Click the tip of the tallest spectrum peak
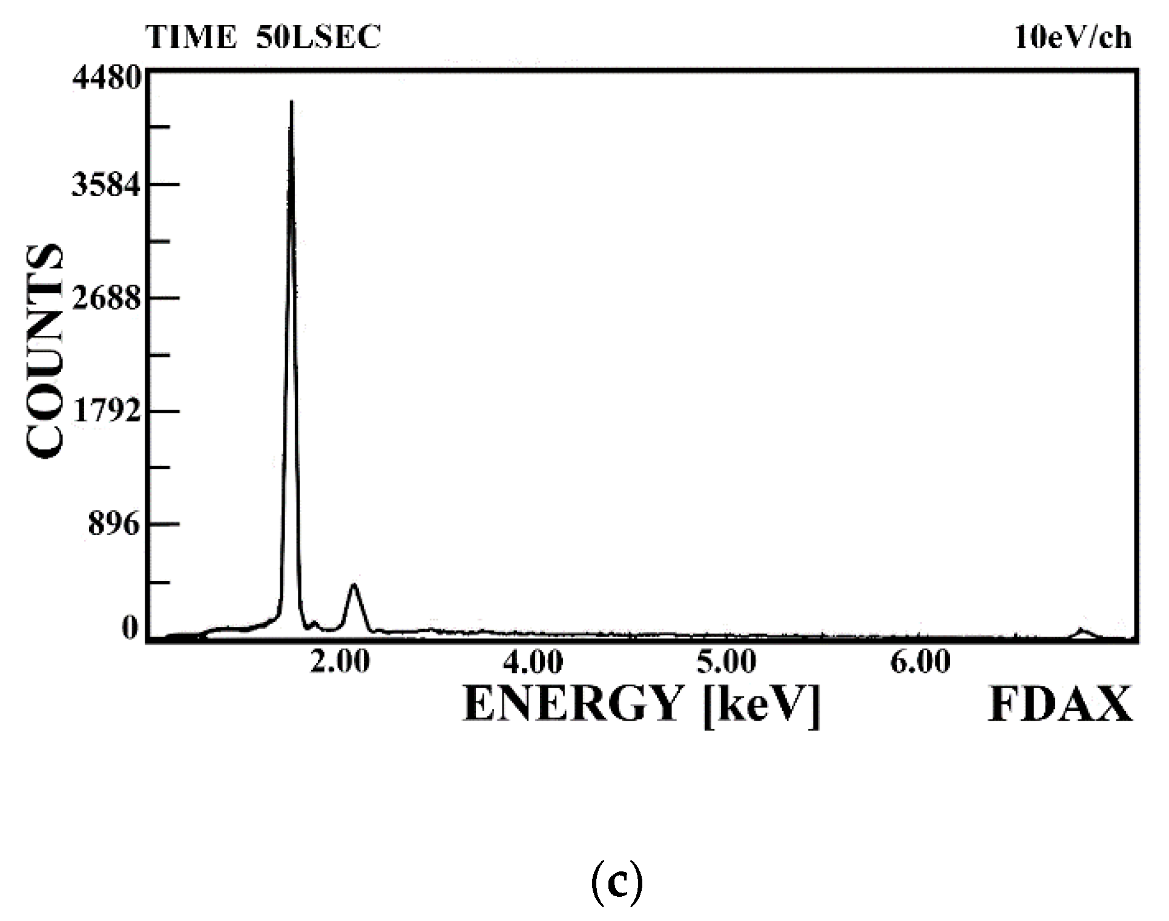[291, 103]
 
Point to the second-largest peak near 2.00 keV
[354, 585]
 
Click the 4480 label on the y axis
[107, 79]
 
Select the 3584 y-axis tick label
[107, 185]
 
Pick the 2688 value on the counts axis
[107, 298]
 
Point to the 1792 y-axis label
[107, 411]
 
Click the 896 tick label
[114, 525]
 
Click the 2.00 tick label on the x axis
[340, 662]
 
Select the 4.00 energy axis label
[533, 662]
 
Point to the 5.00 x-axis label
[726, 662]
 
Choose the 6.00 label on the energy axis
[920, 662]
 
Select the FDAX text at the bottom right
[1060, 705]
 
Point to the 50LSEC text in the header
[319, 38]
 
